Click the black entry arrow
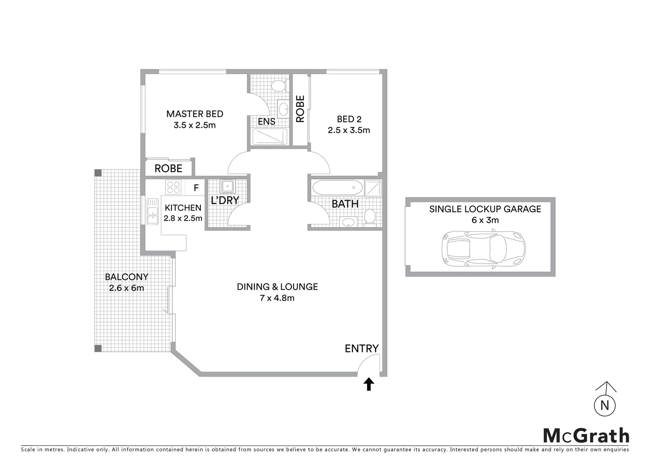coord(369,384)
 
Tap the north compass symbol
coord(604,402)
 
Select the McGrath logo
coord(586,436)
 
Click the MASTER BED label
coord(194,114)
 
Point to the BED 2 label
coord(349,119)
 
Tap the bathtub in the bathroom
coord(337,187)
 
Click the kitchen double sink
coord(152,211)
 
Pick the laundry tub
coord(226,186)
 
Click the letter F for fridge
coord(196,187)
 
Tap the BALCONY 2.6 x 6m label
coord(127,282)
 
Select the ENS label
coord(267,121)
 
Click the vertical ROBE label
coord(300,109)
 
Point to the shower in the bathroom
coord(373,188)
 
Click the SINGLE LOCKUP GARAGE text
coord(485,209)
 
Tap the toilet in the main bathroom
coord(370,216)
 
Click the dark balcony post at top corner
coord(98,173)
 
